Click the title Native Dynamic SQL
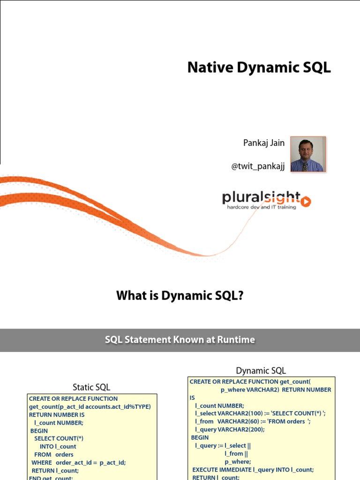(x=259, y=67)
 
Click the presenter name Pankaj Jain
(x=264, y=143)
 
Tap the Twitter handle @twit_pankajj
(x=258, y=167)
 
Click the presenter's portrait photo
(x=307, y=154)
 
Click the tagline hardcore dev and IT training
(x=262, y=207)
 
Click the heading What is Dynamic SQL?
(x=180, y=296)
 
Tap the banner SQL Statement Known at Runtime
(x=180, y=340)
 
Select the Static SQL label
(x=91, y=387)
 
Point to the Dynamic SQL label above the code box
(x=261, y=371)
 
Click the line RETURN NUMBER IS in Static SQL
(x=57, y=415)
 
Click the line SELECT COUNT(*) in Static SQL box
(x=59, y=439)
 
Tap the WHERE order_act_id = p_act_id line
(x=79, y=463)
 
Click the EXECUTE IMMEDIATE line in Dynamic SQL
(x=253, y=470)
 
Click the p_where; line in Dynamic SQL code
(x=238, y=462)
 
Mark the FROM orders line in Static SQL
(x=54, y=455)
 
